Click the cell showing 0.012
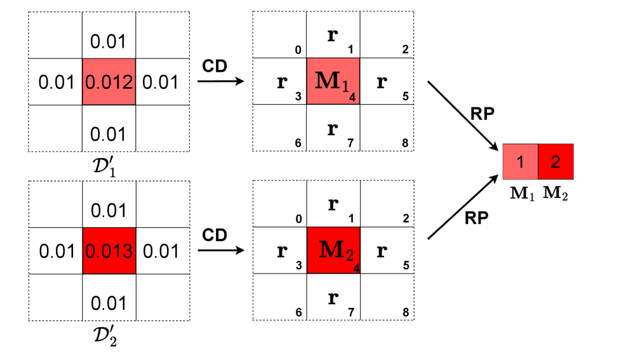(109, 82)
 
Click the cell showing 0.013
(109, 251)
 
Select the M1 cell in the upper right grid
(333, 82)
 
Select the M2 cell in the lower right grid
(333, 251)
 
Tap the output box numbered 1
(520, 162)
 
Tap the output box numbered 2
(556, 162)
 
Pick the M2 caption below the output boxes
(555, 193)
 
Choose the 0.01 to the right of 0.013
(161, 251)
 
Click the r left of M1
(281, 82)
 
